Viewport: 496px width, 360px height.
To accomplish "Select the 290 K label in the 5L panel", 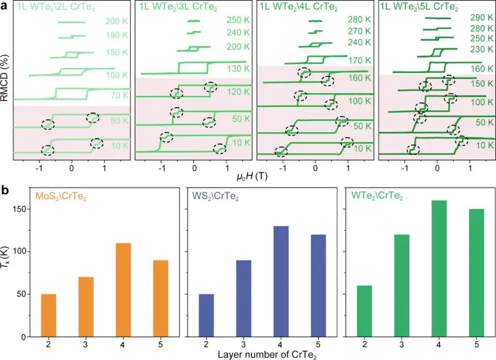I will click(x=482, y=18).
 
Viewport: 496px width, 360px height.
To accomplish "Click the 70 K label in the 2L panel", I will click(x=117, y=96).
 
